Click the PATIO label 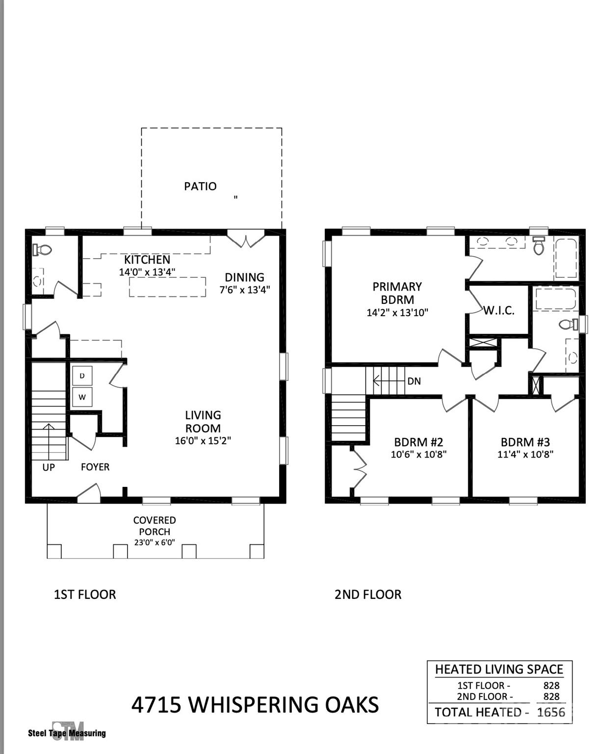click(x=200, y=187)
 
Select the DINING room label click(x=244, y=277)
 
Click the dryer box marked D click(x=82, y=376)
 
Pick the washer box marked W click(x=82, y=397)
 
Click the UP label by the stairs click(x=49, y=467)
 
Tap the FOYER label click(x=95, y=467)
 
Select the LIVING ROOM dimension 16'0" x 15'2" click(x=203, y=441)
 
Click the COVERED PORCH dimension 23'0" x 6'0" click(x=155, y=543)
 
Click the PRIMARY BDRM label click(x=397, y=293)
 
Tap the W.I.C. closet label click(x=499, y=311)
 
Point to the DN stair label click(x=414, y=381)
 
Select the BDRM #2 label click(x=418, y=442)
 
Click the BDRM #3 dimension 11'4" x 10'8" click(x=525, y=455)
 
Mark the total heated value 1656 click(x=551, y=712)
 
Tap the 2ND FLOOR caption click(x=368, y=594)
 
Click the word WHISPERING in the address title click(x=255, y=705)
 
